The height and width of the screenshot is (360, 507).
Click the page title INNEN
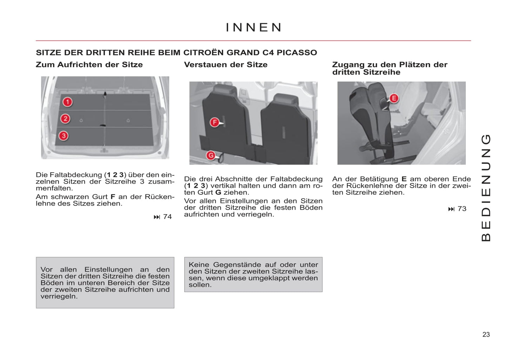coord(253,27)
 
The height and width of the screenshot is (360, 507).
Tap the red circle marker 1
coord(67,102)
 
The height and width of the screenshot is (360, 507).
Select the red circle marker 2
coord(65,119)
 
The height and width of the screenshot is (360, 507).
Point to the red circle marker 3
coord(64,136)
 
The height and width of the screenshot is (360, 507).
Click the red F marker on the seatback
coord(214,122)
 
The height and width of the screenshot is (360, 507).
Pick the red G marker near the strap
coord(211,155)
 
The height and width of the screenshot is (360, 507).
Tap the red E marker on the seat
coord(394,98)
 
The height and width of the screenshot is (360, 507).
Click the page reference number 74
coord(167,217)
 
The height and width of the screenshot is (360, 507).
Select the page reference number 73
coord(462,209)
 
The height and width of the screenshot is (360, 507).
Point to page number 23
coord(486,334)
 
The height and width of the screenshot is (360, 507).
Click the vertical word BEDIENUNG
coord(486,188)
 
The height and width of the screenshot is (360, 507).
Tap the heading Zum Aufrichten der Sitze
coord(89,65)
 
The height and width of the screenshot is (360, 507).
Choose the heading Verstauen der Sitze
coord(226,65)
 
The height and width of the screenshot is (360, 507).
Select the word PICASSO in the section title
coord(296,53)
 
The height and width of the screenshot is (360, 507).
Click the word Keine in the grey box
coord(199,265)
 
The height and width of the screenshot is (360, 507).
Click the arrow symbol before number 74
coord(156,217)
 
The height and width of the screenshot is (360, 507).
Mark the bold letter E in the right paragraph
coord(404,179)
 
